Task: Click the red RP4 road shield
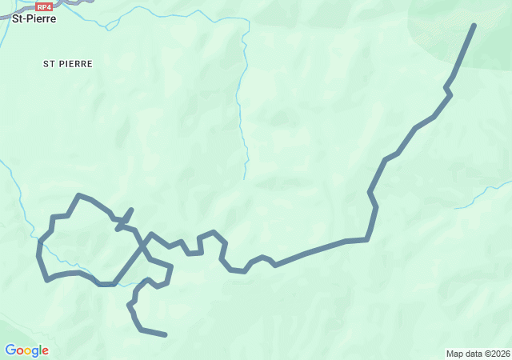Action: (44, 6)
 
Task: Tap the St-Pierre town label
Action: (34, 18)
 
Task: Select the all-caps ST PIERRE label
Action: (68, 63)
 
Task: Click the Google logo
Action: (26, 350)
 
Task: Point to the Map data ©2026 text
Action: (477, 354)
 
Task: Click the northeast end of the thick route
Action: (474, 26)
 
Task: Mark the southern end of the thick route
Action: (166, 334)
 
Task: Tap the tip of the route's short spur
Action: (131, 210)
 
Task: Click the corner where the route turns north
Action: (367, 238)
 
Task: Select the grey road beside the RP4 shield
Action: (72, 3)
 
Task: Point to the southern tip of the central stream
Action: (245, 178)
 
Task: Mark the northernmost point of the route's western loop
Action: (78, 194)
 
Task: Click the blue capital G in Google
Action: (10, 350)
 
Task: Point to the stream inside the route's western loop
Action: (56, 256)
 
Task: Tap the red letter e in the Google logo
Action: (45, 351)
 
